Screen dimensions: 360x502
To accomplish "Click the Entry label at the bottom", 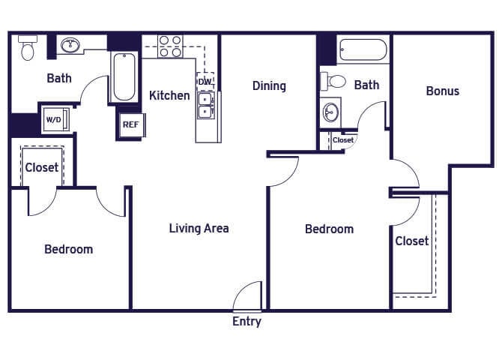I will tap(247, 322).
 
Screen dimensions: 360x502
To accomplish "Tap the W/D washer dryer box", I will tap(54, 119).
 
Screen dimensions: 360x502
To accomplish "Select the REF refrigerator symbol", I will tap(130, 124).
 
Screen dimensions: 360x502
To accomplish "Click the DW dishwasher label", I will tap(205, 81).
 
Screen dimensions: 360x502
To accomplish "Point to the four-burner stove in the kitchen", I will tap(170, 46).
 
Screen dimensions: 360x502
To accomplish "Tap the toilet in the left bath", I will tap(28, 47).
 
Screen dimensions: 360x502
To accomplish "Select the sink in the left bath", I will tap(71, 46).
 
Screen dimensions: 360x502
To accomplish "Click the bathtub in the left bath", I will tap(123, 76).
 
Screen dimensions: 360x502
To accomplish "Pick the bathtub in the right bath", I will tap(363, 50).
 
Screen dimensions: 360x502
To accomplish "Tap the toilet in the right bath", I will tap(334, 81).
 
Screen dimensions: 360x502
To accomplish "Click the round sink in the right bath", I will tap(331, 113).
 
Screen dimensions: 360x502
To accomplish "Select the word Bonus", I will tap(442, 91).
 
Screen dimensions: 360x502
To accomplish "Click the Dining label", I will tap(269, 85).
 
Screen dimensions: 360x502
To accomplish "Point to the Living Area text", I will tap(199, 228).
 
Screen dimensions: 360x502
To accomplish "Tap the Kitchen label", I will tap(169, 95).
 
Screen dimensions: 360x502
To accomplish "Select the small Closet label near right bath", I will tap(343, 140).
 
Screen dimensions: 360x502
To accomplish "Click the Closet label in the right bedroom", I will tap(412, 241).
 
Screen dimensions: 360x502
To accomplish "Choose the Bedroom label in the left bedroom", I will tap(68, 249).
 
